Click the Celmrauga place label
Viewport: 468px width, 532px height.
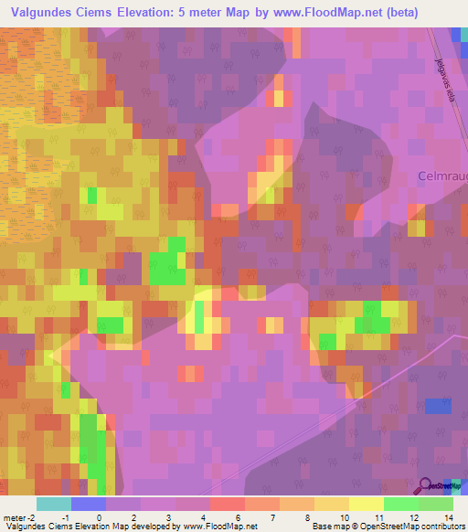pyautogui.click(x=442, y=176)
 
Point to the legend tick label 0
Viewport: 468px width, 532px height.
pyautogui.click(x=99, y=516)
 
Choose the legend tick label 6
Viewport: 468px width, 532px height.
pyautogui.click(x=237, y=516)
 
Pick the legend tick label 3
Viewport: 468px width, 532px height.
pyautogui.click(x=167, y=516)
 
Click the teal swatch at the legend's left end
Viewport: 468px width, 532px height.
pyautogui.click(x=53, y=504)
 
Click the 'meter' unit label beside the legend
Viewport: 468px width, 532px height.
pyautogui.click(x=14, y=516)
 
